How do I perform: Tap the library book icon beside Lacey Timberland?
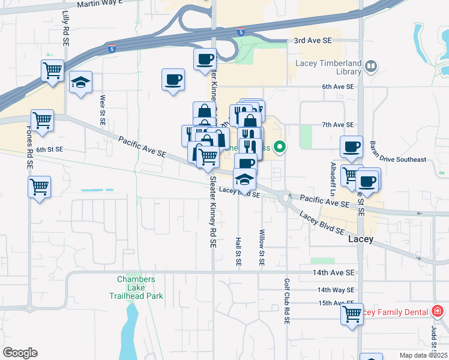tap(372, 65)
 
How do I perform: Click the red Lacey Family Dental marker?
tap(438, 311)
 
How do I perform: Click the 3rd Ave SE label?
tap(313, 41)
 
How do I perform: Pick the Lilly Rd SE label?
tap(65, 27)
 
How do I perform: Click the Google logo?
tap(20, 353)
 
